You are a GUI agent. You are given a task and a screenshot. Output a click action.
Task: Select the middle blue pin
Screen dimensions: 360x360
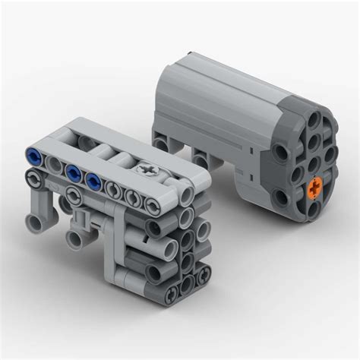point(73,172)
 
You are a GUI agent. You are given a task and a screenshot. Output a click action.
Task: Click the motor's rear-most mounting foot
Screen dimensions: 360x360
point(160,142)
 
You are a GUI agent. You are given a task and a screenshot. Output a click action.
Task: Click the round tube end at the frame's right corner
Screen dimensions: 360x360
point(187,196)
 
